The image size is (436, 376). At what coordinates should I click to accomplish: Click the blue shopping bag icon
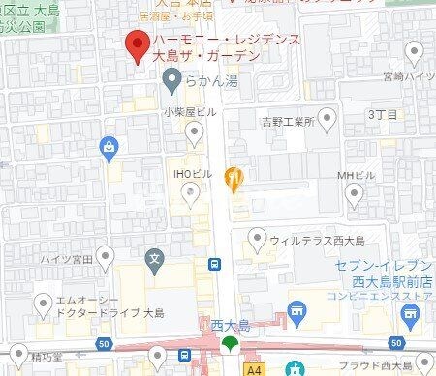point(108,146)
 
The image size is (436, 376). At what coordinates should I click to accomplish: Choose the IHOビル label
point(183,172)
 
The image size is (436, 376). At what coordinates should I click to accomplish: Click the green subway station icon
point(230,343)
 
